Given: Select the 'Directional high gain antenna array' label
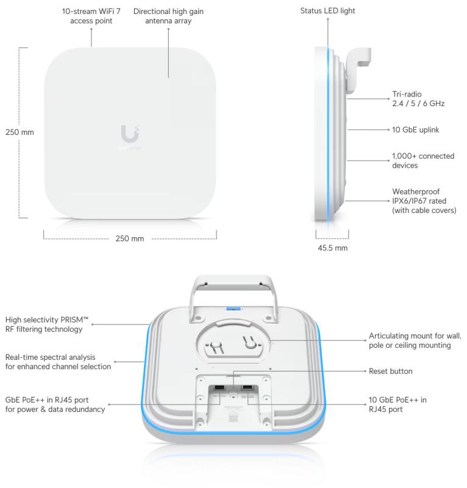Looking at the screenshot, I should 168,16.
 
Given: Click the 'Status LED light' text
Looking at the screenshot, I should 328,10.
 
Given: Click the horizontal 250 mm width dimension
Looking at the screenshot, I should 129,238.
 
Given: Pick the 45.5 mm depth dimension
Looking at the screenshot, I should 332,248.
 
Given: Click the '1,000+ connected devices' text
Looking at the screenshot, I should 422,160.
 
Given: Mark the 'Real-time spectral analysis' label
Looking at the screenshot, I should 58,361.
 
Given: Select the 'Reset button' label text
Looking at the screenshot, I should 390,371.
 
